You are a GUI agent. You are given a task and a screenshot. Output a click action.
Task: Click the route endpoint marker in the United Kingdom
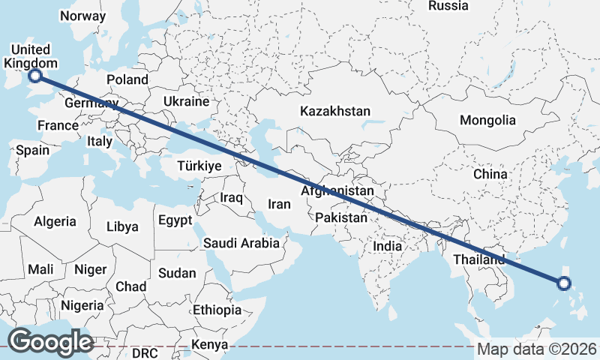(34, 75)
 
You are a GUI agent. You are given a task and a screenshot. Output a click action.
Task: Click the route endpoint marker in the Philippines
(564, 283)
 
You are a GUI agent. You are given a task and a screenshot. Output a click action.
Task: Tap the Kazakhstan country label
(335, 111)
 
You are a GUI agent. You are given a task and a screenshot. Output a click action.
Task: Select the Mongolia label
(487, 120)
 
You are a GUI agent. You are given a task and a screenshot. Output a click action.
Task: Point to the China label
(490, 174)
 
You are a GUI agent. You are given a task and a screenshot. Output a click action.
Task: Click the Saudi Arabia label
(241, 243)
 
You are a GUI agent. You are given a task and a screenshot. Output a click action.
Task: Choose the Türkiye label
(199, 166)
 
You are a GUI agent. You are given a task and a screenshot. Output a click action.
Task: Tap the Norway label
(82, 16)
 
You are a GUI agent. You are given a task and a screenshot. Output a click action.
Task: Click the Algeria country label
(55, 221)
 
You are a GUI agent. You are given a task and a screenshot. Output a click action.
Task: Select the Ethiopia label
(217, 310)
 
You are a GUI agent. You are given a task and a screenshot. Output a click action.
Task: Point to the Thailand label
(479, 259)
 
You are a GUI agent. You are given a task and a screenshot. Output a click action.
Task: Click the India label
(388, 246)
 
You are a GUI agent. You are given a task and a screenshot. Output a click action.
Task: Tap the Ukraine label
(186, 100)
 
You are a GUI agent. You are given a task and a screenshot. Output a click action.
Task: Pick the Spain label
(32, 150)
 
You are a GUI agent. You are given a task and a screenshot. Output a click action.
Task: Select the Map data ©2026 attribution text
(537, 349)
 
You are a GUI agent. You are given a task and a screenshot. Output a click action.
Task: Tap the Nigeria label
(82, 305)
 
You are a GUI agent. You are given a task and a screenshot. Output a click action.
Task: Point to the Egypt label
(175, 220)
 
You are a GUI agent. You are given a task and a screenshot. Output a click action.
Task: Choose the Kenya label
(209, 345)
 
